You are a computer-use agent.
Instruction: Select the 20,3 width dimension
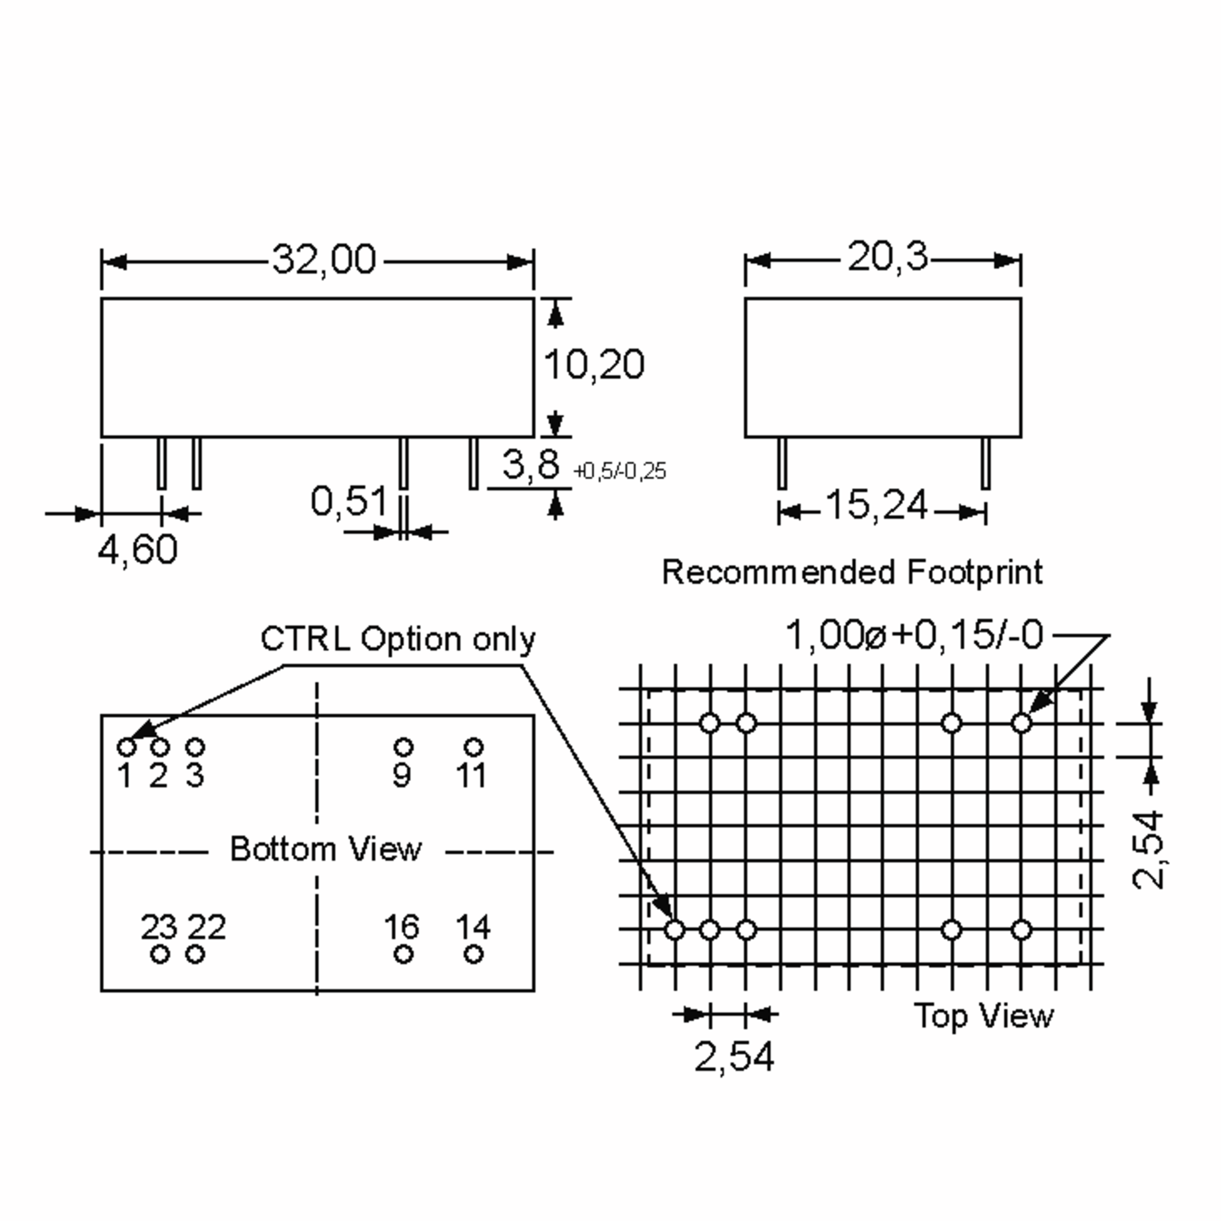[887, 257]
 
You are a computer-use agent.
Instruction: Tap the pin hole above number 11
[473, 747]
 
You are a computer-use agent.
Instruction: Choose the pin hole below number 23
[160, 954]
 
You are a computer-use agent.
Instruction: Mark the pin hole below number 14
[473, 954]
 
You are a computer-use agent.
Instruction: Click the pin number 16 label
[401, 927]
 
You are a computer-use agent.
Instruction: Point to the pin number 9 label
[401, 775]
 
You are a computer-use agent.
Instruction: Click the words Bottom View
[326, 849]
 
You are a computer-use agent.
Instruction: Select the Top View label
[983, 1015]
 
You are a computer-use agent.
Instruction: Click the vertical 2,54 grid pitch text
[1148, 850]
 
